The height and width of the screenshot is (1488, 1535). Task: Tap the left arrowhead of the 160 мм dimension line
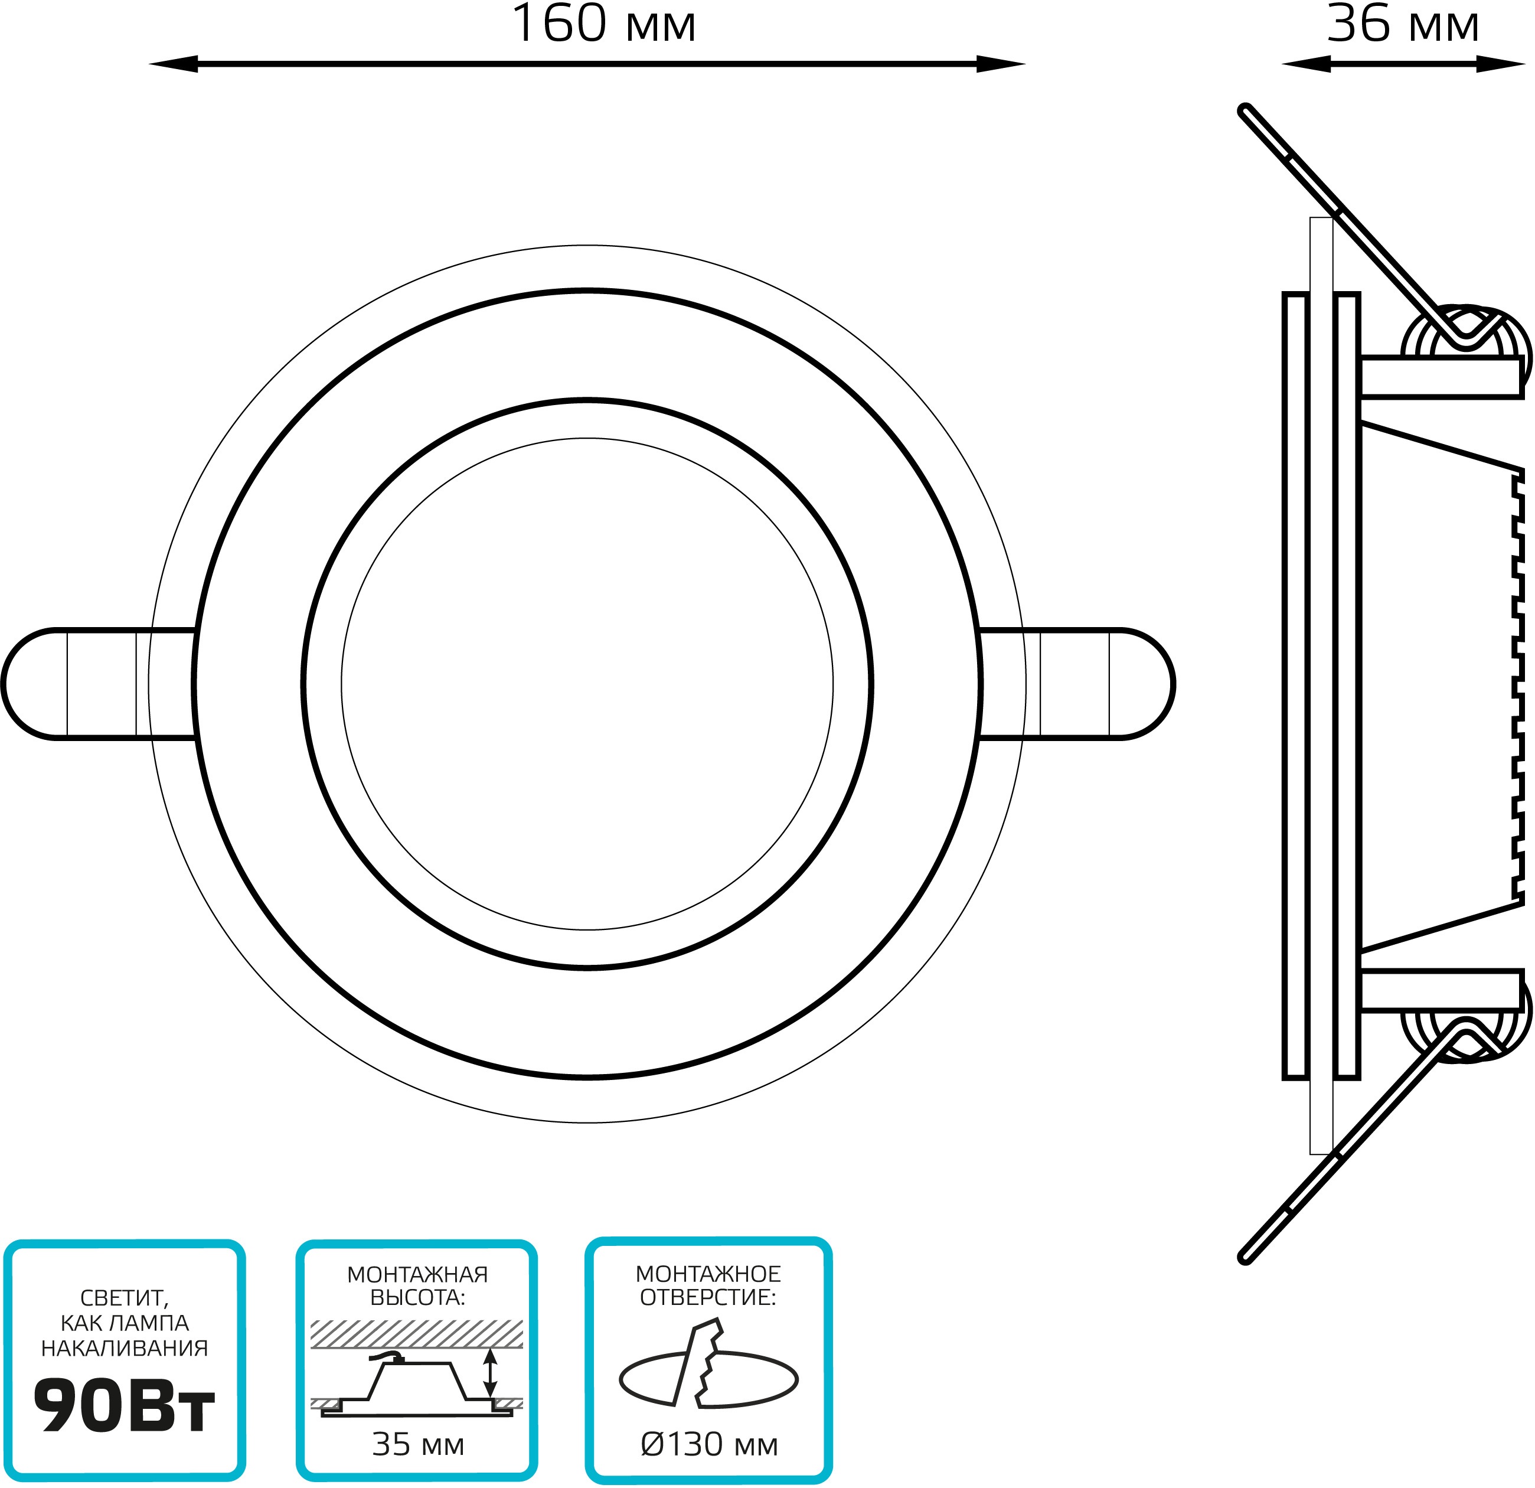pyautogui.click(x=173, y=64)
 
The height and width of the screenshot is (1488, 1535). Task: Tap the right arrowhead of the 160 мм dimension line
pyautogui.click(x=1001, y=64)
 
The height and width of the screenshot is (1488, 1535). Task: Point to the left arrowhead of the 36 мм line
pyautogui.click(x=1305, y=64)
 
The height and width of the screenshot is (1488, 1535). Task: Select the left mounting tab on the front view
pyautogui.click(x=98, y=683)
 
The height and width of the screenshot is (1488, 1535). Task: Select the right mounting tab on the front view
pyautogui.click(x=1077, y=683)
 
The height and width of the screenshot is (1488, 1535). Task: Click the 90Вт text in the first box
pyautogui.click(x=124, y=1407)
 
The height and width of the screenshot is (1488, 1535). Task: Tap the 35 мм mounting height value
pyautogui.click(x=418, y=1445)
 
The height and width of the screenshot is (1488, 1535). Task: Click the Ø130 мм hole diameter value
pyautogui.click(x=709, y=1445)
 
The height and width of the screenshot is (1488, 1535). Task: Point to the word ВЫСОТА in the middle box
pyautogui.click(x=417, y=1298)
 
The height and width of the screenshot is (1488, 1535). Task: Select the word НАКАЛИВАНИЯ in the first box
pyautogui.click(x=125, y=1349)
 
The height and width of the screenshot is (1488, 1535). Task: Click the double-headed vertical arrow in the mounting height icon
pyautogui.click(x=490, y=1373)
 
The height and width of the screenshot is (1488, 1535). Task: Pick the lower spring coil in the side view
pyautogui.click(x=1465, y=1032)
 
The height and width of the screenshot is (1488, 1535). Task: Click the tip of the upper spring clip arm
pyautogui.click(x=1245, y=110)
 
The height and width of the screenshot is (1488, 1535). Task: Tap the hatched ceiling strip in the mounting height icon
pyautogui.click(x=417, y=1334)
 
